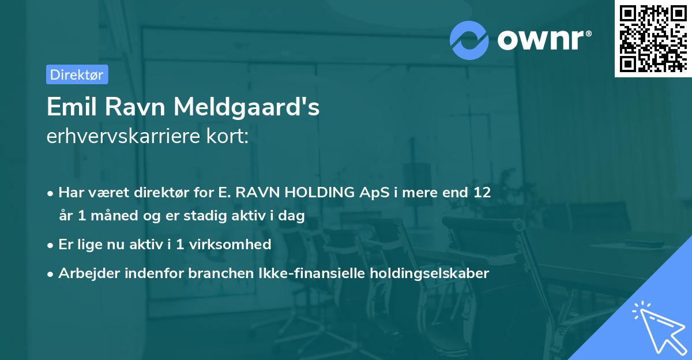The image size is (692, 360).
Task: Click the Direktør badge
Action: click(x=77, y=74)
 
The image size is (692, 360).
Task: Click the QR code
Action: click(x=653, y=38)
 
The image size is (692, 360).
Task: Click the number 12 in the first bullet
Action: click(x=483, y=193)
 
